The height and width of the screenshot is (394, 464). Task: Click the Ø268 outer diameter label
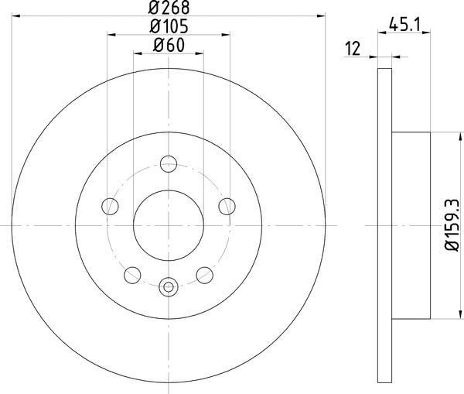click(169, 8)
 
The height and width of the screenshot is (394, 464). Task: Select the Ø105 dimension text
click(169, 26)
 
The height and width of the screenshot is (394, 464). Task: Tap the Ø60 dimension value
click(169, 45)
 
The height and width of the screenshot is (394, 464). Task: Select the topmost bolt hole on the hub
click(169, 164)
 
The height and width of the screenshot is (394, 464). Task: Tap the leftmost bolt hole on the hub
click(111, 206)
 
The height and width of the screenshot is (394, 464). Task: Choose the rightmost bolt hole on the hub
click(227, 206)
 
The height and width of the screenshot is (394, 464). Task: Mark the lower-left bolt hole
click(133, 274)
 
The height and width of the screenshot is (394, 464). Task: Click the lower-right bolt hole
click(204, 274)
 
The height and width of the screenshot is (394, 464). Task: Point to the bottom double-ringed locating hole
click(169, 287)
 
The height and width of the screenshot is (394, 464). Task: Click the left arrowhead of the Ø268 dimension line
click(15, 16)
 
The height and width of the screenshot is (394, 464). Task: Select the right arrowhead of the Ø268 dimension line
click(322, 16)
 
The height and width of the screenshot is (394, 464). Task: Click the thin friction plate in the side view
click(385, 224)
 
